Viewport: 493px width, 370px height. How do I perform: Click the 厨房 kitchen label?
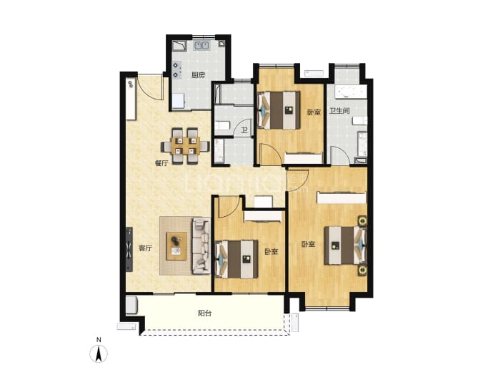[199, 75]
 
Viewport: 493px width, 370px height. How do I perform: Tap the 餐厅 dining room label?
[161, 163]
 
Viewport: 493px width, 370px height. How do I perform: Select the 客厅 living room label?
[145, 248]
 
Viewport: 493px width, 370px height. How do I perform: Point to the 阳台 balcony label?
[204, 313]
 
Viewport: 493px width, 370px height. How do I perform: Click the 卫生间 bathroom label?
[339, 111]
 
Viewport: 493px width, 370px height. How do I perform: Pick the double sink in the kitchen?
[202, 46]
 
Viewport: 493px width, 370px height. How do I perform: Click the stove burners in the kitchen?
[176, 70]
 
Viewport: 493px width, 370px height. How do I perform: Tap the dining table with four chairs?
[186, 146]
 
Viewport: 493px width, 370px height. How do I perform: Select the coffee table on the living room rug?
[176, 246]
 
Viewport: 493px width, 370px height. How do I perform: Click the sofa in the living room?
[201, 245]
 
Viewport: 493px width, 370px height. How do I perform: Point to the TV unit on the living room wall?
[129, 249]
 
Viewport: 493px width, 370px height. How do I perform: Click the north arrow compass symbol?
[99, 354]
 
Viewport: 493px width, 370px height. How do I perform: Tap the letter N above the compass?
[99, 340]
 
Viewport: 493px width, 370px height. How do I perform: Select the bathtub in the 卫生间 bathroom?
[351, 92]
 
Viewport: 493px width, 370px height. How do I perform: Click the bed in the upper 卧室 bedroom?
[279, 110]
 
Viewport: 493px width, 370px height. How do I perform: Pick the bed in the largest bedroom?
[345, 245]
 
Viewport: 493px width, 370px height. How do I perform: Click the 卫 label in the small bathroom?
[244, 130]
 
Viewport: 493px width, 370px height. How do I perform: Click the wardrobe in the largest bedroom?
[342, 198]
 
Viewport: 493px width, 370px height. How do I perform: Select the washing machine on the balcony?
[131, 305]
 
